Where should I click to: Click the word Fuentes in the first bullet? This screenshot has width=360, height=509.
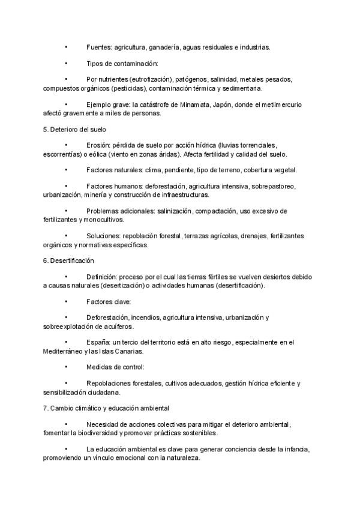coord(99,47)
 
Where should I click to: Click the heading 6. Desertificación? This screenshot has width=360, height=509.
coord(68,261)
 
